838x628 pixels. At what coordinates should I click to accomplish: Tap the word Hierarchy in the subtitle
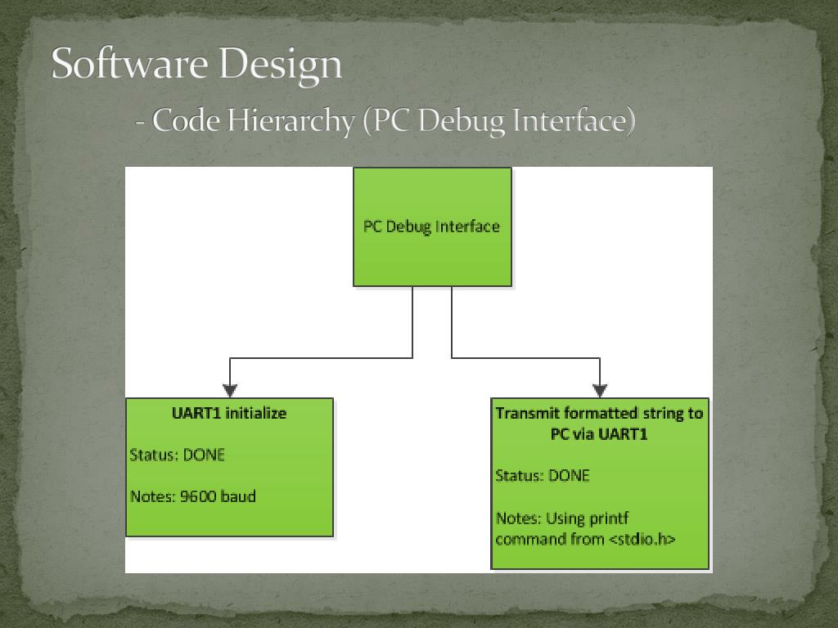pyautogui.click(x=291, y=121)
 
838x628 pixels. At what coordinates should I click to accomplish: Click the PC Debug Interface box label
pyautogui.click(x=431, y=227)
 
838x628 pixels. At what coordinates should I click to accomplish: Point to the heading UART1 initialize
pyautogui.click(x=229, y=413)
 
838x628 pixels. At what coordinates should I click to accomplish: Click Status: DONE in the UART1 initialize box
pyautogui.click(x=177, y=455)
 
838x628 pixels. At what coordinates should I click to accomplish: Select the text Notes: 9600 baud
pyautogui.click(x=193, y=496)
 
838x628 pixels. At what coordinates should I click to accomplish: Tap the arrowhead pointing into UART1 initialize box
pyautogui.click(x=230, y=390)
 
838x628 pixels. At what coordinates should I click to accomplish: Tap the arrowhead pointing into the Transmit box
pyautogui.click(x=600, y=390)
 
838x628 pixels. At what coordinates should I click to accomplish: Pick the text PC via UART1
pyautogui.click(x=599, y=434)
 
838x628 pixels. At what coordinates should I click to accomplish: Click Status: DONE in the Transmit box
pyautogui.click(x=542, y=475)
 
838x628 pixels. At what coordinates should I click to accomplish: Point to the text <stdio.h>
pyautogui.click(x=642, y=539)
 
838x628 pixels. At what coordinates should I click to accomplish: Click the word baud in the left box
pyautogui.click(x=239, y=496)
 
